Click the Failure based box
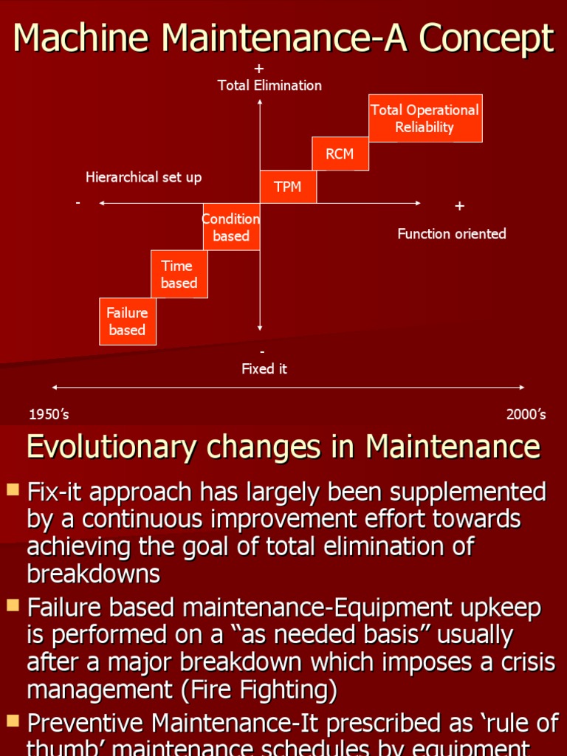tap(128, 321)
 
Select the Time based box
tap(179, 274)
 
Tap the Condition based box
tap(231, 227)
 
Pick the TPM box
tap(288, 187)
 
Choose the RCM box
tap(340, 154)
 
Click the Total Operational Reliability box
tap(425, 118)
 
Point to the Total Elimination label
tap(269, 86)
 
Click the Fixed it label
tap(264, 368)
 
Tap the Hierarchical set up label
tap(143, 177)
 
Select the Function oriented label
tap(452, 234)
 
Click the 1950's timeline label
tap(49, 414)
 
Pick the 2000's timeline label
tap(526, 414)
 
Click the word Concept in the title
tap(487, 38)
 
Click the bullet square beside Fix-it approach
tap(12, 489)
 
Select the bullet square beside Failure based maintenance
tap(12, 606)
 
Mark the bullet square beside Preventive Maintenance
tap(12, 720)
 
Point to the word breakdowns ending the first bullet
tap(94, 574)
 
